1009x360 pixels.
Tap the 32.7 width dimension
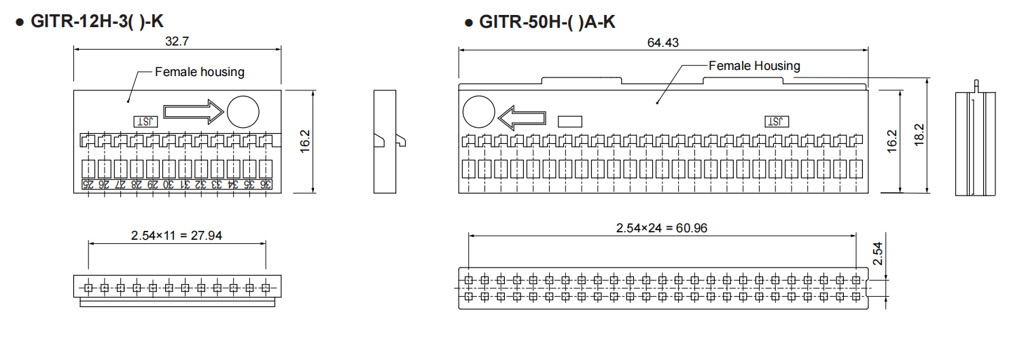pos(177,41)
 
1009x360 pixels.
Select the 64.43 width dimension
pos(663,42)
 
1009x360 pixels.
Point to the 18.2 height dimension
pos(919,134)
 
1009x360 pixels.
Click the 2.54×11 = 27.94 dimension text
pos(177,235)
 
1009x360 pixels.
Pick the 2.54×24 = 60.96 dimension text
pos(662,228)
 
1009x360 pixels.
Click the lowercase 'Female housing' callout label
pos(200,72)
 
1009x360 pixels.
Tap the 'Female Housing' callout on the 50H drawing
pos(754,66)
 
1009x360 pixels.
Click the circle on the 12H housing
pos(243,112)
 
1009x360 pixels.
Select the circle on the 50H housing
pos(479,112)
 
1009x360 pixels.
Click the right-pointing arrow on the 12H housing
pos(193,112)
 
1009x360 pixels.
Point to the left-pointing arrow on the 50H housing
pos(522,118)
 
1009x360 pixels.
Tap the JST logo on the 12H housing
pos(146,122)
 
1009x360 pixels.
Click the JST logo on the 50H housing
pos(777,122)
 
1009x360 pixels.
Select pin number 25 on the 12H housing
pos(88,184)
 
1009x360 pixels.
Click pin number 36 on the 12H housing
pos(266,184)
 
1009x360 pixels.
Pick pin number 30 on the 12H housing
pos(169,184)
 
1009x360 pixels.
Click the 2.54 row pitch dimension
pos(877,253)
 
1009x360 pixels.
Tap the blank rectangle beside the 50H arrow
pos(570,122)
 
